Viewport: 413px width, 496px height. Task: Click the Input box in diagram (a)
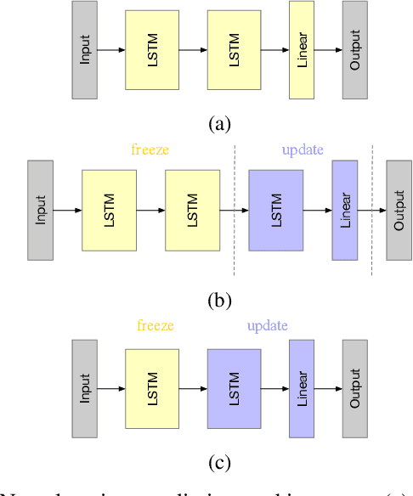point(84,49)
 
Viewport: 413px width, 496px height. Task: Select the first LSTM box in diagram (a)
point(152,49)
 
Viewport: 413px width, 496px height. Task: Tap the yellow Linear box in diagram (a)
point(303,49)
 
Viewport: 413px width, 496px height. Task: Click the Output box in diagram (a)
point(355,49)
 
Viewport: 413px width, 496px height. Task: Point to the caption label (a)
point(218,124)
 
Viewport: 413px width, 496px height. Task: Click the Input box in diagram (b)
point(40,210)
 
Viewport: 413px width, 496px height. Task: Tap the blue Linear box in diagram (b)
point(345,210)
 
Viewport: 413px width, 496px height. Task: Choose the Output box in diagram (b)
point(399,210)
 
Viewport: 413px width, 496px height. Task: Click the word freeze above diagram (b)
point(150,150)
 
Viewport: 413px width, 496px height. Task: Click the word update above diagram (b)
point(303,150)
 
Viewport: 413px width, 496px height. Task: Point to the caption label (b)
point(218,300)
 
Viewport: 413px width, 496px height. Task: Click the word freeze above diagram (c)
point(157,325)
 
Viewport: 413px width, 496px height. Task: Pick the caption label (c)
point(218,463)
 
